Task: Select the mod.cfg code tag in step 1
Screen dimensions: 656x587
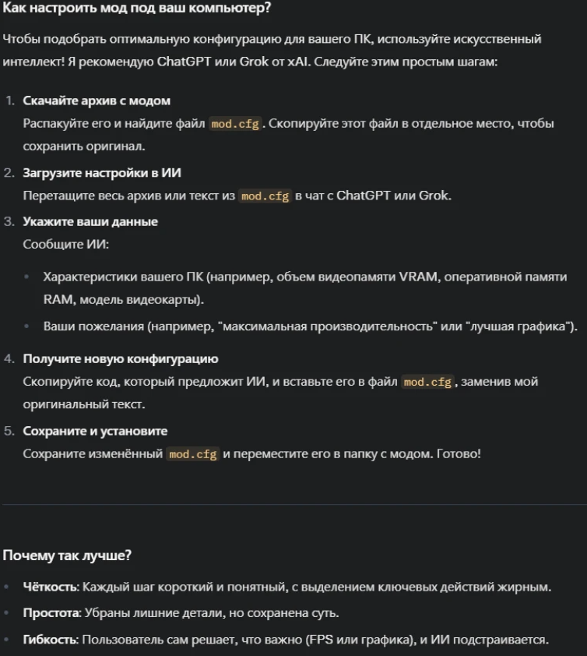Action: tap(234, 124)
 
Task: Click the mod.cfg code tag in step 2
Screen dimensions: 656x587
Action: tap(265, 196)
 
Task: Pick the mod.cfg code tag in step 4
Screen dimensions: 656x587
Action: tap(427, 383)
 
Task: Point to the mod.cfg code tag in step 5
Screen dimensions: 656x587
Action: tap(193, 454)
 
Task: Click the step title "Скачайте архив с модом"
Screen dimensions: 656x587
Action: tap(97, 101)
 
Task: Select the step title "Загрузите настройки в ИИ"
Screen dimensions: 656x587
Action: tap(102, 173)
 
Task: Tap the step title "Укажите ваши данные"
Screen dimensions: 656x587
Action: tap(90, 222)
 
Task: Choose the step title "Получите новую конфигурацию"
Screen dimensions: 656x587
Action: tap(120, 359)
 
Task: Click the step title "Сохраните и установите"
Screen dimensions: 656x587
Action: tap(95, 431)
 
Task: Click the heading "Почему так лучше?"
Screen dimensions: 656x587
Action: tap(67, 555)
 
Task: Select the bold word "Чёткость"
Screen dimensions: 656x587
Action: tap(50, 587)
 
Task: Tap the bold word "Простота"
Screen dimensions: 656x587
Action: tap(51, 613)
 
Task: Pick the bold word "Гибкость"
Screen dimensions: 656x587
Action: tap(50, 640)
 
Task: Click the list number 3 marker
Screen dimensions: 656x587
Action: tap(9, 222)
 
